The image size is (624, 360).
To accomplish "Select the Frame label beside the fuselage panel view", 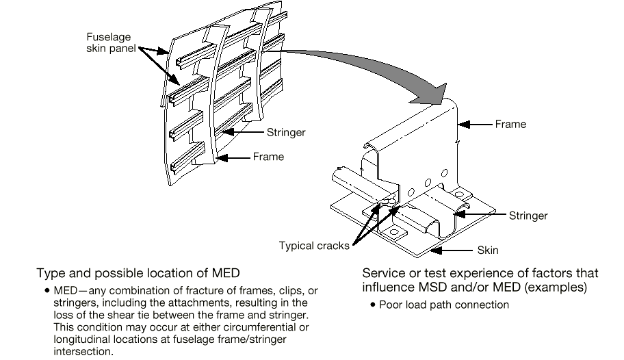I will [268, 157].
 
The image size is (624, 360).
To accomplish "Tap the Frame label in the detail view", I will [510, 124].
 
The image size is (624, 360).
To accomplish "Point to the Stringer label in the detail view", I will [528, 216].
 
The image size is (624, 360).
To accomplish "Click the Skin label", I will [488, 250].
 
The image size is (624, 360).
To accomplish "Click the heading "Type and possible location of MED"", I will [138, 273].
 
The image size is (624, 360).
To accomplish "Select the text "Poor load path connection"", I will [449, 305].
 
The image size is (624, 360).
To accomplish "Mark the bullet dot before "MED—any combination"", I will [46, 291].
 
